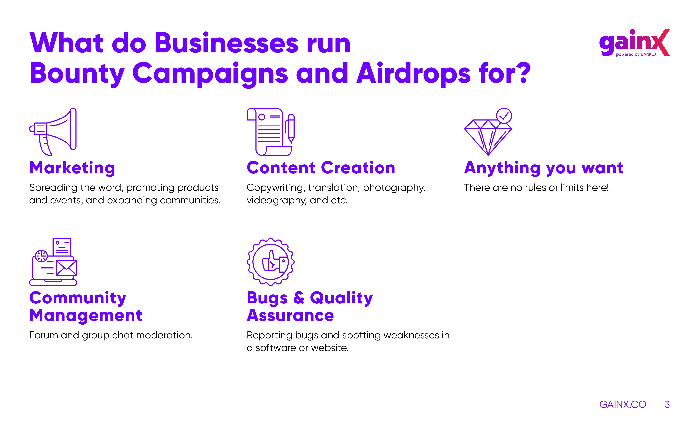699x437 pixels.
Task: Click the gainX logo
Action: (634, 43)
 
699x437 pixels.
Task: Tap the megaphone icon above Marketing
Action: (53, 132)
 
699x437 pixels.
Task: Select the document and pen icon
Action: (270, 132)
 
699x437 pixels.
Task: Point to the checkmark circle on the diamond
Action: (504, 116)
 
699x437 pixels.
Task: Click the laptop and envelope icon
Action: (53, 262)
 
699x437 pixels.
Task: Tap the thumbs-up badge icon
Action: (270, 262)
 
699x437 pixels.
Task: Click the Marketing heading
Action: (72, 168)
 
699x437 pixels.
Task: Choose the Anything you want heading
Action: (544, 168)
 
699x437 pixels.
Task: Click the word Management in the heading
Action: (86, 315)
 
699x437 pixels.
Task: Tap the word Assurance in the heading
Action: (290, 315)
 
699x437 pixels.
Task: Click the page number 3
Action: (667, 404)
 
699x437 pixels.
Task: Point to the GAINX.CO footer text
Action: (623, 404)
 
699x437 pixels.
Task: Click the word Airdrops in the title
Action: (414, 74)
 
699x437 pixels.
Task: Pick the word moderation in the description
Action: (164, 335)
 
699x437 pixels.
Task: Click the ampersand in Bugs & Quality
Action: (299, 298)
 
